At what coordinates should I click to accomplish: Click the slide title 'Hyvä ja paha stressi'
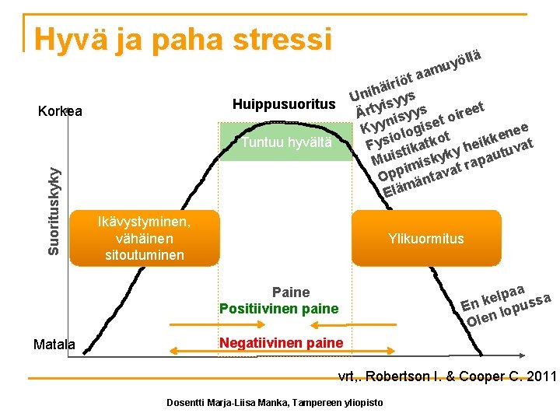tap(184, 38)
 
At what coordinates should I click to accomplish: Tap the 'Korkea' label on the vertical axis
tap(60, 110)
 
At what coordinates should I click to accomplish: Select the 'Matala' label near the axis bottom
tap(54, 344)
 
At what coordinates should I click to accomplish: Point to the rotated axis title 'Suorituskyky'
tap(53, 204)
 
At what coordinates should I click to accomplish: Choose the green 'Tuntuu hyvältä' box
tap(286, 142)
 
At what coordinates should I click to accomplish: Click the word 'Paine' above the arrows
tap(291, 292)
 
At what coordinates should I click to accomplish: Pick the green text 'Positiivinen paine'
tap(279, 309)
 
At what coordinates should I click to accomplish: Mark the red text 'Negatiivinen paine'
tap(281, 343)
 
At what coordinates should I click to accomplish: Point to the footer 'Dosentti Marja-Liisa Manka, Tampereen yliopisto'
tap(275, 402)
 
